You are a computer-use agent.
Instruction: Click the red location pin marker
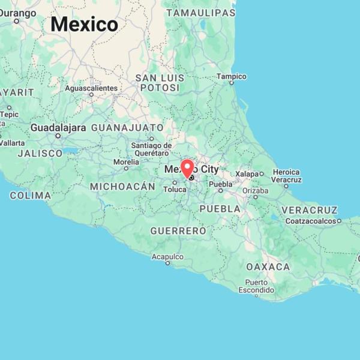pos(188,167)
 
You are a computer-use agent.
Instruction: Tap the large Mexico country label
pos(84,24)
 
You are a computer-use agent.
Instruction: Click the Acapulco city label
pos(167,256)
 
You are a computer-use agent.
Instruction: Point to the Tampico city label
pos(232,76)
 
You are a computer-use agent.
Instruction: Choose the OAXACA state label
pos(268,266)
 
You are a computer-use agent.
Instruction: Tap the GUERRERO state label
pos(178,230)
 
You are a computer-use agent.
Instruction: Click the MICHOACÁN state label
pos(122,187)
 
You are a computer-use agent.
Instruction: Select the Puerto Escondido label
pos(256,286)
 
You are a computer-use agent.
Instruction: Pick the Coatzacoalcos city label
pos(310,221)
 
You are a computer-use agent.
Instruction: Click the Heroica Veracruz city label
pos(286,176)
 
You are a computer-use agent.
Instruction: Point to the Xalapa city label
pos(247,173)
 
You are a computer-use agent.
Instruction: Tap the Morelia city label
pos(126,161)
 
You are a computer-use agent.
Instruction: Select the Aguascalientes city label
pos(91,88)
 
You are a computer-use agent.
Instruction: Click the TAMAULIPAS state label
pos(200,13)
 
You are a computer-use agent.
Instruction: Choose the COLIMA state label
pos(31,196)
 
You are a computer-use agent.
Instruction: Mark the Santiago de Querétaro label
pos(151,149)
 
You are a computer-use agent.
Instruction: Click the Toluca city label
pos(175,190)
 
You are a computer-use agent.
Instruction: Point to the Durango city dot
pos(16,21)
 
